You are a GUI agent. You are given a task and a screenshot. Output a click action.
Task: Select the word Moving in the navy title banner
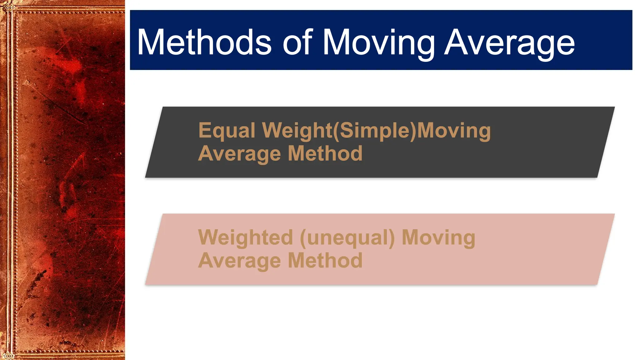(x=378, y=44)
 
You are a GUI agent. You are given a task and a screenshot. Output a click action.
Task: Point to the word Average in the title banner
(x=509, y=44)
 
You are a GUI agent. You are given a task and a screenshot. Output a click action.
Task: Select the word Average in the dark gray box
(x=239, y=154)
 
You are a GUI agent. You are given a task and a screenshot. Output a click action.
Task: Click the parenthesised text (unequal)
(x=347, y=238)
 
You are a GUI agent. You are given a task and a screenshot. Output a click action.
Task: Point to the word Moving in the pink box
(x=438, y=238)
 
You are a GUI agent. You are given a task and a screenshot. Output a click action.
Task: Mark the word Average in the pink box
(x=239, y=261)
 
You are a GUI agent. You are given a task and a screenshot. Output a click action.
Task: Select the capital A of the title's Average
(x=455, y=42)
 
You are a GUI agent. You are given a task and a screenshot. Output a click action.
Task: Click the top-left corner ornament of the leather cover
(x=8, y=7)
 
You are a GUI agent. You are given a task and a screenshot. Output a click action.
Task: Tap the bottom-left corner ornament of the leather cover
(x=8, y=355)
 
